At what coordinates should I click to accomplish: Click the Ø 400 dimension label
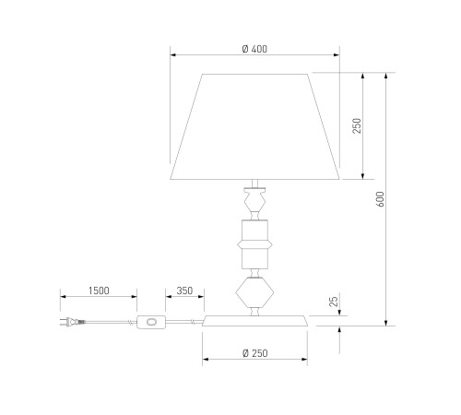(x=254, y=49)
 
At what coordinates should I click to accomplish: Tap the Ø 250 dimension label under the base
(x=254, y=353)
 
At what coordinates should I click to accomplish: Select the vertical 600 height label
(x=380, y=199)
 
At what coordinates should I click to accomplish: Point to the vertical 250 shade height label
(x=357, y=125)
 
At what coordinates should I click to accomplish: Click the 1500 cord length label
(x=99, y=290)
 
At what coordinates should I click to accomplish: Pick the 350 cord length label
(x=184, y=290)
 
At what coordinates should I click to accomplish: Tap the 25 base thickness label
(x=334, y=302)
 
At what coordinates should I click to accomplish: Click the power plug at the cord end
(x=73, y=322)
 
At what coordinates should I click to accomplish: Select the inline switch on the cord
(x=151, y=322)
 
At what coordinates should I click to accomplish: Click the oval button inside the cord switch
(x=151, y=322)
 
